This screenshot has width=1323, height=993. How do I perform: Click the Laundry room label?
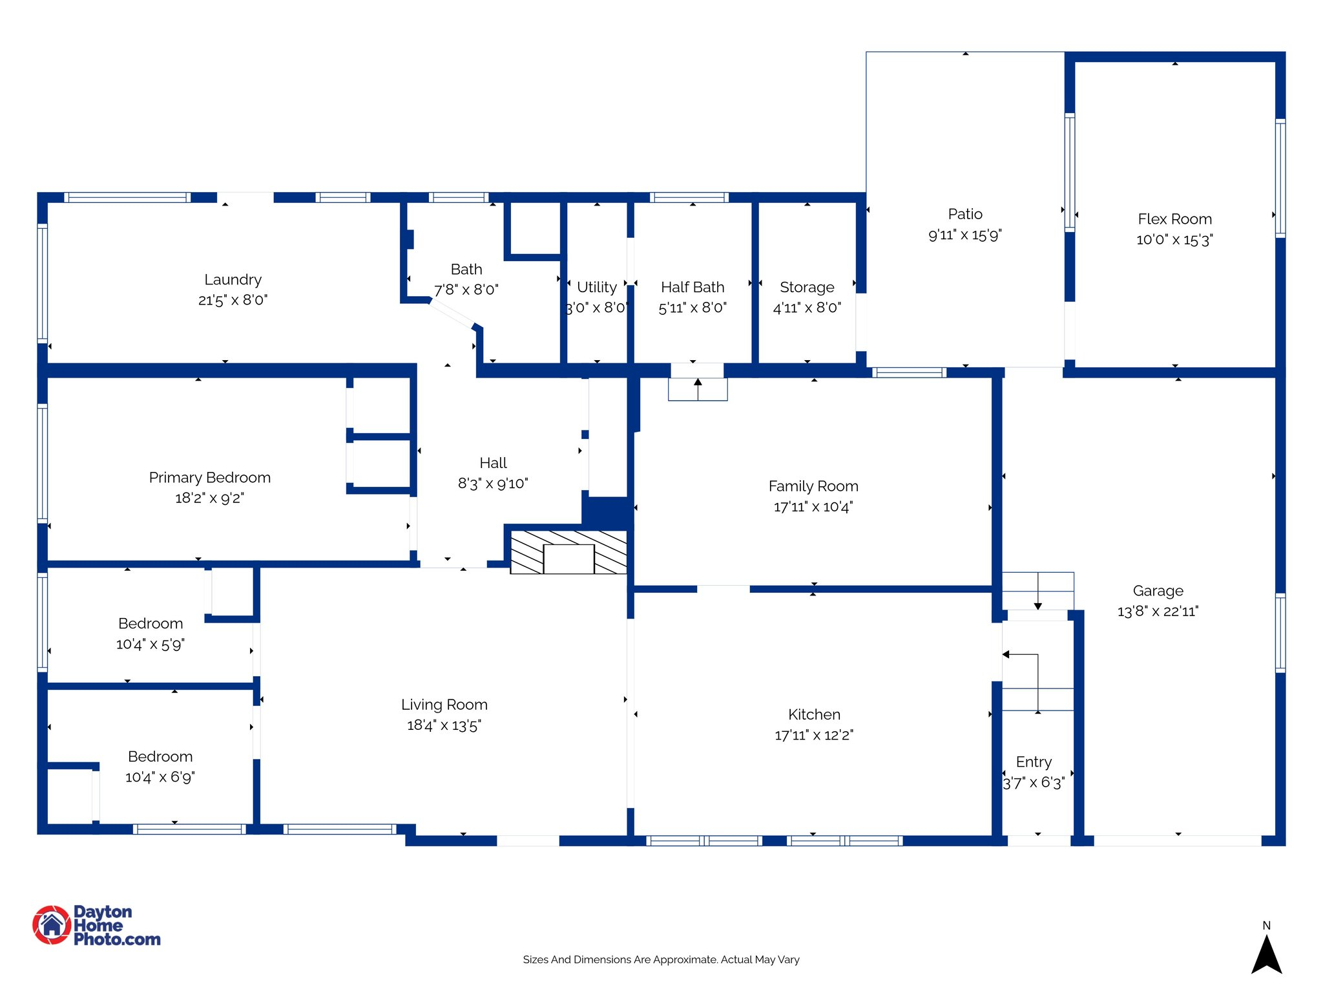point(233,279)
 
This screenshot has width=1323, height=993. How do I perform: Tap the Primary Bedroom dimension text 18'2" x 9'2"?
point(209,498)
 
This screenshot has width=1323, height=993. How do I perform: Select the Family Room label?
point(813,486)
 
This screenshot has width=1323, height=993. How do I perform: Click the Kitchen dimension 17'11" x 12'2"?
point(813,735)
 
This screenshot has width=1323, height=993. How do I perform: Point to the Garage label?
point(1158,591)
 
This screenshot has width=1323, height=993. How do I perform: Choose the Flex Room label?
point(1174,219)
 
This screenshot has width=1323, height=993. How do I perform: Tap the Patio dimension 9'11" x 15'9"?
point(964,235)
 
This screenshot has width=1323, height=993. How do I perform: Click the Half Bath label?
point(692,287)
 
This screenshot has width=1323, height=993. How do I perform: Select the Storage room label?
point(806,287)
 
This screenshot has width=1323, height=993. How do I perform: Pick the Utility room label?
point(596,287)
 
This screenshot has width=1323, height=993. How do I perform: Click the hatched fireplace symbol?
point(568,552)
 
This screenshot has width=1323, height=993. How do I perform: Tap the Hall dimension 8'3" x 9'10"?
point(493,484)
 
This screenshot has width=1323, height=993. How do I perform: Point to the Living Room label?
point(444,705)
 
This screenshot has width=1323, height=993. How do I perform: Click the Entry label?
point(1033,762)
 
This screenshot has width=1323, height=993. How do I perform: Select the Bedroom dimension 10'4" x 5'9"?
point(150,644)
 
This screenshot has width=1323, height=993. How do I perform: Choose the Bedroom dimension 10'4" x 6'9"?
point(160,777)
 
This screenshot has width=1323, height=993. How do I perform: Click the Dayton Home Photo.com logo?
point(97,925)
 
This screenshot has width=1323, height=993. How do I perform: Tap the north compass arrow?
point(1266,954)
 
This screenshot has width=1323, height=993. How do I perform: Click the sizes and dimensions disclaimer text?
point(661,959)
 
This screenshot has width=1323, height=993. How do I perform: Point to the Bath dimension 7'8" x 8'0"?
point(466,290)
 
